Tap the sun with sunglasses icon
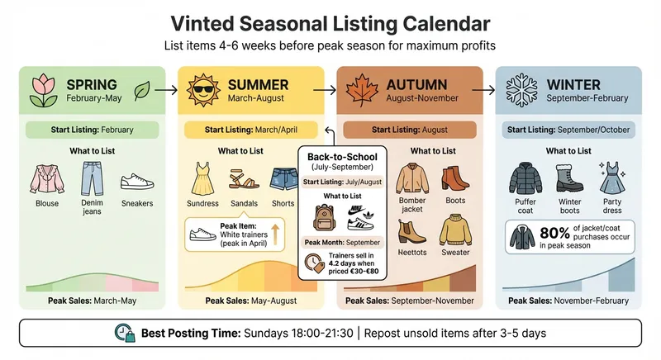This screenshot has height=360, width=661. [203, 88]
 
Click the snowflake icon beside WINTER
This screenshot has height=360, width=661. [521, 88]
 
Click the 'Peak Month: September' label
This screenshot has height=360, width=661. [342, 242]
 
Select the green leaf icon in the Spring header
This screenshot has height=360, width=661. [141, 88]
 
